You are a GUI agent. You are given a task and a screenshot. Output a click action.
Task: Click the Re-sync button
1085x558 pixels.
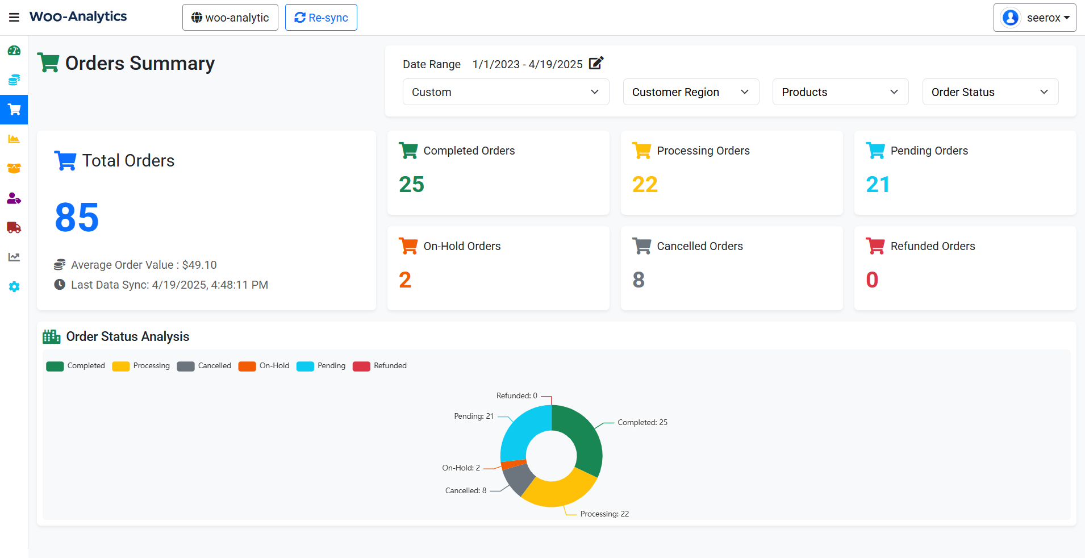point(321,18)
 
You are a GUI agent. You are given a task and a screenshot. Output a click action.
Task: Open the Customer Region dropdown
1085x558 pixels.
point(691,92)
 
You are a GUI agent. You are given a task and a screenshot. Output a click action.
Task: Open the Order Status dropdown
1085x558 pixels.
point(990,92)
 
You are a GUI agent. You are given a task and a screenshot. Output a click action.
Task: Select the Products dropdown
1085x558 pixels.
point(840,92)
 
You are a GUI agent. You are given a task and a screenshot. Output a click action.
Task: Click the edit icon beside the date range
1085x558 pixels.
point(596,63)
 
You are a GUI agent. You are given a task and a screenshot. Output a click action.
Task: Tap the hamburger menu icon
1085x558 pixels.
point(14,18)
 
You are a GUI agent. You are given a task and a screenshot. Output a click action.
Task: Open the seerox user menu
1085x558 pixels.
point(1034,18)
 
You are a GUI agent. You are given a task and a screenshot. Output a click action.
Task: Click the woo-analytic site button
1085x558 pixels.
point(230,18)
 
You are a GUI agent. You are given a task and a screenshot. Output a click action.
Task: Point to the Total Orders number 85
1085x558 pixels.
point(77,218)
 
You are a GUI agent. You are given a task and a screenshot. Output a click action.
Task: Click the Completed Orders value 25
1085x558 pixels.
point(411,185)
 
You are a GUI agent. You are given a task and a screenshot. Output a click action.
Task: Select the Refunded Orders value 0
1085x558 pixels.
point(872,280)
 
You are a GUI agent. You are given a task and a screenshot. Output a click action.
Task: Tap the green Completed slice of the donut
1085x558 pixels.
point(582,438)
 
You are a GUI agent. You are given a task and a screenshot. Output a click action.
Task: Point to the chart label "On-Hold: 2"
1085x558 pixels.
point(461,468)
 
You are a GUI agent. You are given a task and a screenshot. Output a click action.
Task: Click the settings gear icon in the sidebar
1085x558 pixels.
point(14,287)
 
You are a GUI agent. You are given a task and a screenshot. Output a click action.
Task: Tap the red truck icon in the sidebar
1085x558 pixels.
point(14,228)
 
